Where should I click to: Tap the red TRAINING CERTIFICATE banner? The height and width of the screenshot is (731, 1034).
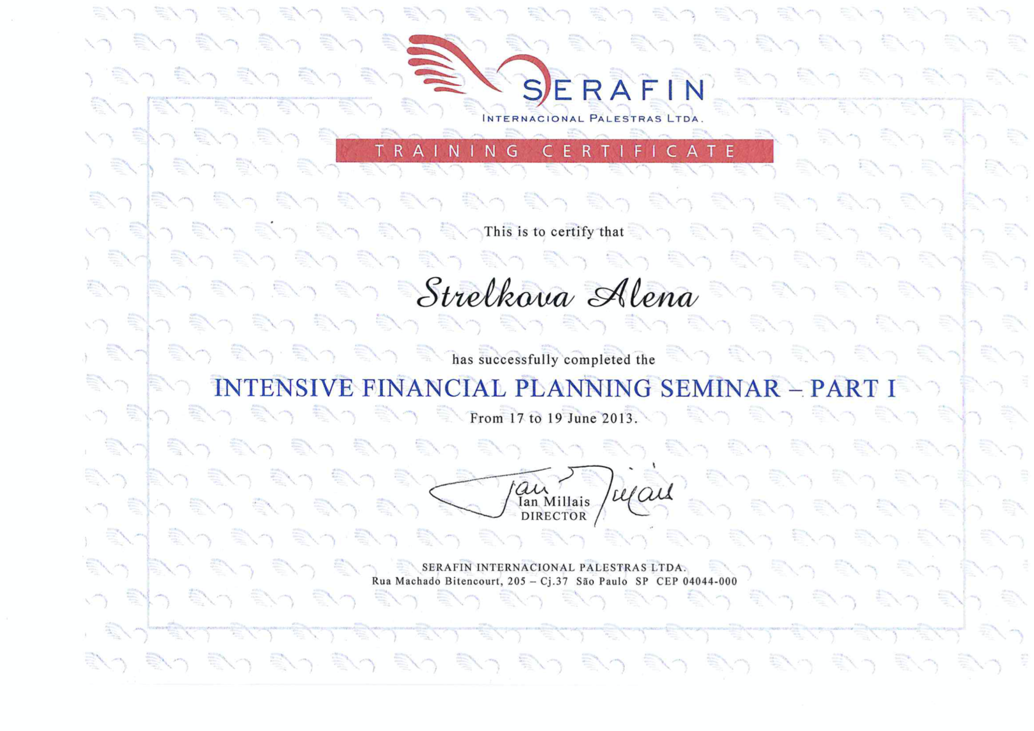554,151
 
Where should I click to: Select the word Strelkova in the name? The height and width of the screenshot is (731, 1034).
495,293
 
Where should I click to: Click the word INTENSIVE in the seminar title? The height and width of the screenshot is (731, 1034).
284,389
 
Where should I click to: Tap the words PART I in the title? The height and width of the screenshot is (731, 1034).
852,389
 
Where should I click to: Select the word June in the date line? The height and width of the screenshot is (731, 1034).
582,419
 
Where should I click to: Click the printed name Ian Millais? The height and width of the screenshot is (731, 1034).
554,502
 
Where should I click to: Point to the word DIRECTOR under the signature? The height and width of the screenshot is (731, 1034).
554,517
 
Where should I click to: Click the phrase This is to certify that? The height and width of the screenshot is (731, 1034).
554,232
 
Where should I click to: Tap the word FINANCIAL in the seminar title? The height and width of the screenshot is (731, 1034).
433,389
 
